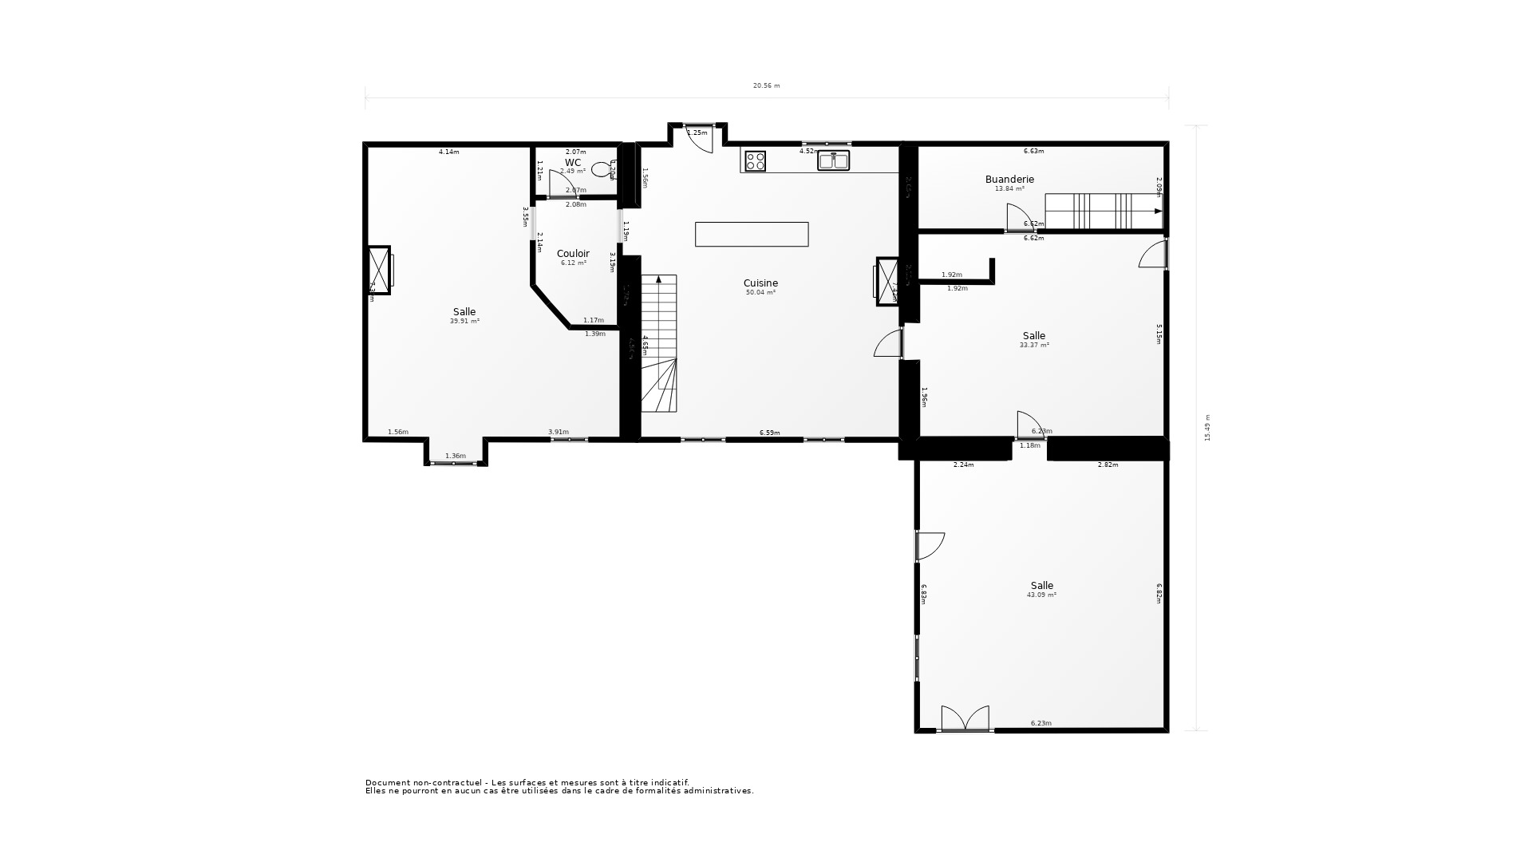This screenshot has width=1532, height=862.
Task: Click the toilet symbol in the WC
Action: (600, 169)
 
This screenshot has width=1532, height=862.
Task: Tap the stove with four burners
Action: (755, 161)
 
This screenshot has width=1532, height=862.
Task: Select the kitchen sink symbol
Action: (834, 160)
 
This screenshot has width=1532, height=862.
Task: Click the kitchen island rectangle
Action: (752, 234)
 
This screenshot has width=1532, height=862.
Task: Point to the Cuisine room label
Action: (760, 283)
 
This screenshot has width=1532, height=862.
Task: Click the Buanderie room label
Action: (1009, 180)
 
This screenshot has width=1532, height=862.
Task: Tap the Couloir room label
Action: (573, 254)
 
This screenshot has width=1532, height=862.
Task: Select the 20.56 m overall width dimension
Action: (766, 85)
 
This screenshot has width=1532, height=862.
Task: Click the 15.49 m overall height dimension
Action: (1207, 427)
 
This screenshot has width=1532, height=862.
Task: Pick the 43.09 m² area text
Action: (1041, 595)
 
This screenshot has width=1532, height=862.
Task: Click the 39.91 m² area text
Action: (464, 321)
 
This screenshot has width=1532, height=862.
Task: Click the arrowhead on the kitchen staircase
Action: (658, 279)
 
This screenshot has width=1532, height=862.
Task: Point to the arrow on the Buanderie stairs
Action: (1158, 212)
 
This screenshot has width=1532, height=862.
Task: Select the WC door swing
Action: (560, 183)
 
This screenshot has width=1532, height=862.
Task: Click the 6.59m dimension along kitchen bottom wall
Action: (769, 433)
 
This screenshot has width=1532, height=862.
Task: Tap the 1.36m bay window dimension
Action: (455, 456)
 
